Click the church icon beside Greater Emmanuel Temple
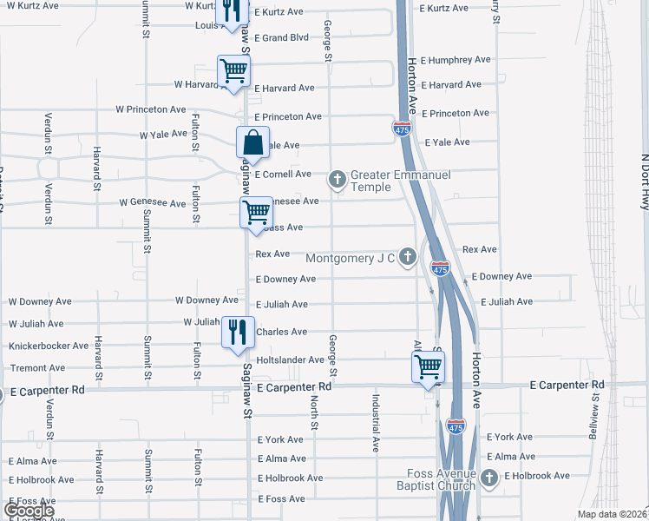(x=338, y=180)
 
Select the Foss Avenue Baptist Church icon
(x=489, y=477)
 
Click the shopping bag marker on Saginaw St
(x=252, y=142)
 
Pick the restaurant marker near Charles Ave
(x=236, y=332)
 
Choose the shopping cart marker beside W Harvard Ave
(x=233, y=71)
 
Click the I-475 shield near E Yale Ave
(x=402, y=129)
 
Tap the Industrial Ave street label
(x=376, y=423)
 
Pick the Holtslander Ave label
(x=290, y=359)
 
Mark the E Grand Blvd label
(x=281, y=38)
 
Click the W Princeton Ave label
(x=151, y=110)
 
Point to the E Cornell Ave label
(x=283, y=175)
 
